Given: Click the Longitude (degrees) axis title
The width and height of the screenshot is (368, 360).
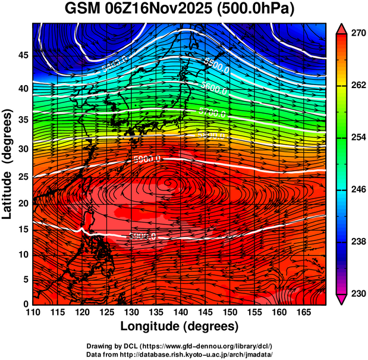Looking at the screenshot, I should click(180, 327).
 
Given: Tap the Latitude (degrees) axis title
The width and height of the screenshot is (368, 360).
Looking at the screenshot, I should click(8, 164).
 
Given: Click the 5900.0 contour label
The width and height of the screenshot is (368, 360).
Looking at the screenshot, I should click(146, 159).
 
